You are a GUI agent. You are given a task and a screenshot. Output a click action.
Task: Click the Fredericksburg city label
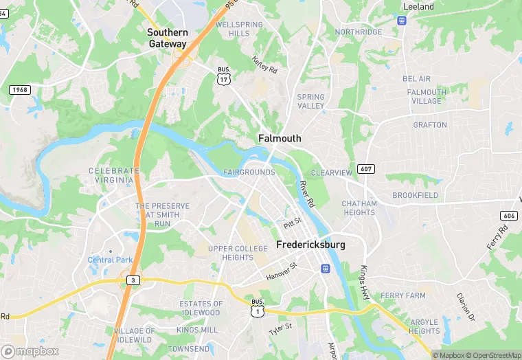[x=310, y=245]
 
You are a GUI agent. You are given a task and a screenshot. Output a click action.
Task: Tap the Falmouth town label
[x=280, y=138]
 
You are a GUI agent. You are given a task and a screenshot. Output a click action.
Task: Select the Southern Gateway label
[x=168, y=38]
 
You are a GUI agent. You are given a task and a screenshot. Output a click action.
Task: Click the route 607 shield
[x=366, y=169]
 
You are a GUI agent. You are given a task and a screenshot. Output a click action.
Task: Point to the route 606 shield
[x=509, y=216]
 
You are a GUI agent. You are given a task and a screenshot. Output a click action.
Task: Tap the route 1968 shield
[x=19, y=90]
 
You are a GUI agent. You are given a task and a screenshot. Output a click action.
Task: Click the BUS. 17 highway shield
[x=223, y=76]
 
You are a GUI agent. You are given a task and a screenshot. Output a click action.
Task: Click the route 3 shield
[x=132, y=280]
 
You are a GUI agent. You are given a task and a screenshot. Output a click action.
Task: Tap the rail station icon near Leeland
[x=402, y=19]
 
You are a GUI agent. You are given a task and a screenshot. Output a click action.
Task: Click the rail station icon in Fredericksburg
[x=324, y=267]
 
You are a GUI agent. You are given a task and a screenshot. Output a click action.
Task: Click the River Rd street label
[x=306, y=194]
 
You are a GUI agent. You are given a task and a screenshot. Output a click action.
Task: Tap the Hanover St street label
[x=281, y=271]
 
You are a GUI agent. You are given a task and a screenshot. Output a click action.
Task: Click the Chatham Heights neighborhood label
[x=359, y=208]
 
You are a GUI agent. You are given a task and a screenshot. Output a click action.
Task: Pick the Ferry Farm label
[x=404, y=295]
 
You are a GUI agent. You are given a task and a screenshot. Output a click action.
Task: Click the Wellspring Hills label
[x=239, y=29]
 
